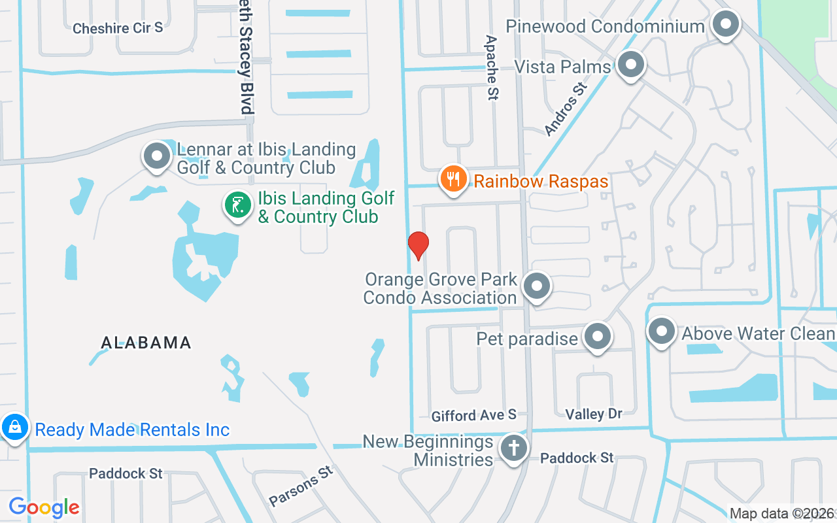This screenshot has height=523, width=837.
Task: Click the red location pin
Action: point(418,245)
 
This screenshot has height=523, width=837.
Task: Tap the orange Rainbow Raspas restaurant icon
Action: point(453,178)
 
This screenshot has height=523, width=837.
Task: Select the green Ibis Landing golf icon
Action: point(238,205)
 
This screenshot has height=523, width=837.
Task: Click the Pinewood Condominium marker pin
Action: point(725,25)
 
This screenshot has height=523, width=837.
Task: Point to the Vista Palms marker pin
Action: point(630,65)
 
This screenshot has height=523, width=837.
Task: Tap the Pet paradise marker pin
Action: point(596,337)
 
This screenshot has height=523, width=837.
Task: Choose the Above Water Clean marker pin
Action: point(661,331)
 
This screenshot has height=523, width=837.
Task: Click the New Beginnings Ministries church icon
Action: point(513,449)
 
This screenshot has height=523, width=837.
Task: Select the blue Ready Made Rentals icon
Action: point(14,428)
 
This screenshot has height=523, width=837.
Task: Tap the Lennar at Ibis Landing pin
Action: point(157,157)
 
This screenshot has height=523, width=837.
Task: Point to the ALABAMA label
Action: point(146,343)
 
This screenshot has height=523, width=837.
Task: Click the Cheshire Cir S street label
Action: point(118,28)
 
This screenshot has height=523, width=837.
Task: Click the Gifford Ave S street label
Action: point(474,414)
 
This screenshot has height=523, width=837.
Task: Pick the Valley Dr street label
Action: point(594,413)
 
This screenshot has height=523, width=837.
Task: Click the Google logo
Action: point(44,507)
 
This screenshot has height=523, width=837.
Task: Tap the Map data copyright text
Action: point(782,513)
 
